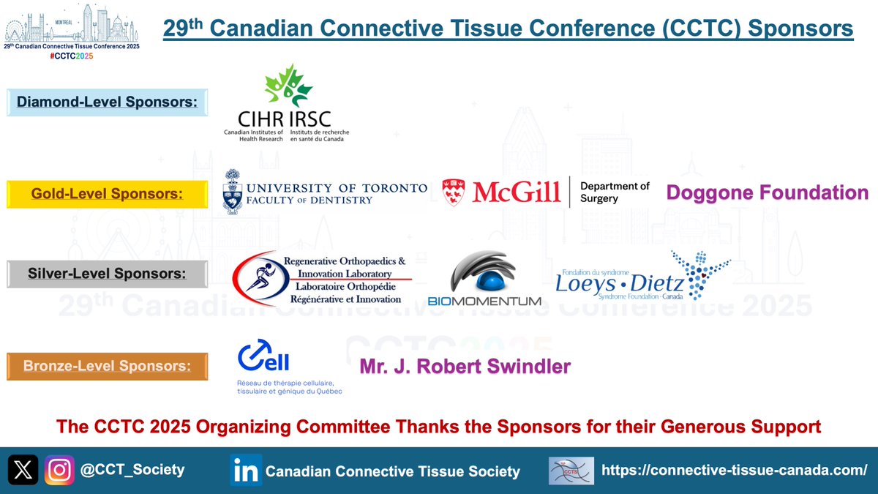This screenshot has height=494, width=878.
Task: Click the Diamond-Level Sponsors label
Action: click(x=107, y=102)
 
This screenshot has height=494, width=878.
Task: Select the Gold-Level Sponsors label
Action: click(x=107, y=194)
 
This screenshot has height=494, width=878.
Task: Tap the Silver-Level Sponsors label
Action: click(x=107, y=274)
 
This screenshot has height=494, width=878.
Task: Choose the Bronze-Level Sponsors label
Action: click(x=107, y=365)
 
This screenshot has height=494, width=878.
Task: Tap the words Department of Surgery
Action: click(x=614, y=192)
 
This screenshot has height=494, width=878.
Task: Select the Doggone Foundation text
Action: click(x=767, y=192)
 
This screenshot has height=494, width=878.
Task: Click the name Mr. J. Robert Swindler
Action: click(x=465, y=366)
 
